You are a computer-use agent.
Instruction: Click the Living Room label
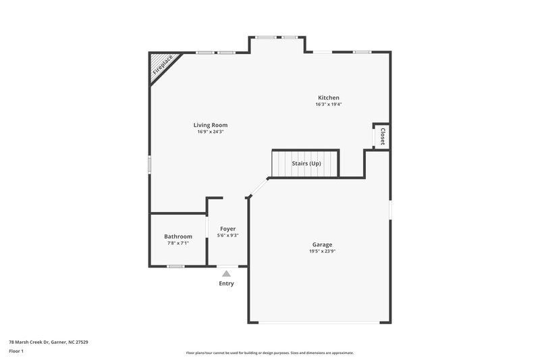click(x=210, y=125)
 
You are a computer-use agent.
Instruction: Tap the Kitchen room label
click(x=329, y=98)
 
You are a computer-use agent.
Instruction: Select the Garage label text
click(x=322, y=245)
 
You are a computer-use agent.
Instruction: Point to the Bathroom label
click(x=178, y=236)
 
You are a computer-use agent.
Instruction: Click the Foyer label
click(x=227, y=229)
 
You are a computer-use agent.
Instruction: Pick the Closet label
click(x=383, y=136)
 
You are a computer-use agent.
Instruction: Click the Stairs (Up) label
click(x=306, y=163)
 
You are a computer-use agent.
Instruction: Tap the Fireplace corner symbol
click(x=161, y=65)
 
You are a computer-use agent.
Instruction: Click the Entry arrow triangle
click(x=226, y=274)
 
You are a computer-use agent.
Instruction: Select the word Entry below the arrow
click(x=226, y=284)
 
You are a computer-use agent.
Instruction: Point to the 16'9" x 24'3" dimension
click(x=210, y=132)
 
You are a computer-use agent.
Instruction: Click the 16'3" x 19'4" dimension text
click(x=329, y=105)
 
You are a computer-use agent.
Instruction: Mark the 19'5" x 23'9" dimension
click(x=322, y=251)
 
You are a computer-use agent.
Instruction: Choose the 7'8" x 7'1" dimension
click(x=178, y=243)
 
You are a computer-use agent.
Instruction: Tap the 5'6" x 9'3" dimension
click(x=227, y=236)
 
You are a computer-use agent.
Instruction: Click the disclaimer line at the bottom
click(x=269, y=353)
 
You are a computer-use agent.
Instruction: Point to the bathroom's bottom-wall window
click(x=176, y=266)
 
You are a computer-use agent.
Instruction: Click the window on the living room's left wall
click(x=150, y=165)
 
